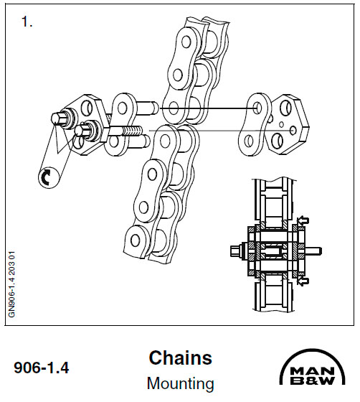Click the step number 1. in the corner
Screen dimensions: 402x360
coord(28,22)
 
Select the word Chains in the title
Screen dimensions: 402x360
coord(180,357)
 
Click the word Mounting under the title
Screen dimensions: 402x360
coord(180,383)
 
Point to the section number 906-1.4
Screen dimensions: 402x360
coord(42,369)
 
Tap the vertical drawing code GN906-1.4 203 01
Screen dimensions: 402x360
coord(12,283)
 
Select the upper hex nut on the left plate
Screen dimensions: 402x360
coord(60,116)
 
